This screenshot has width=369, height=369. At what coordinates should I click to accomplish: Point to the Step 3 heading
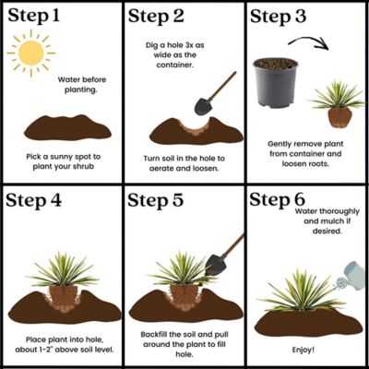[x=283, y=16]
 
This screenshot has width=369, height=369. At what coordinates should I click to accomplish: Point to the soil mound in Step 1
[x=61, y=126]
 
